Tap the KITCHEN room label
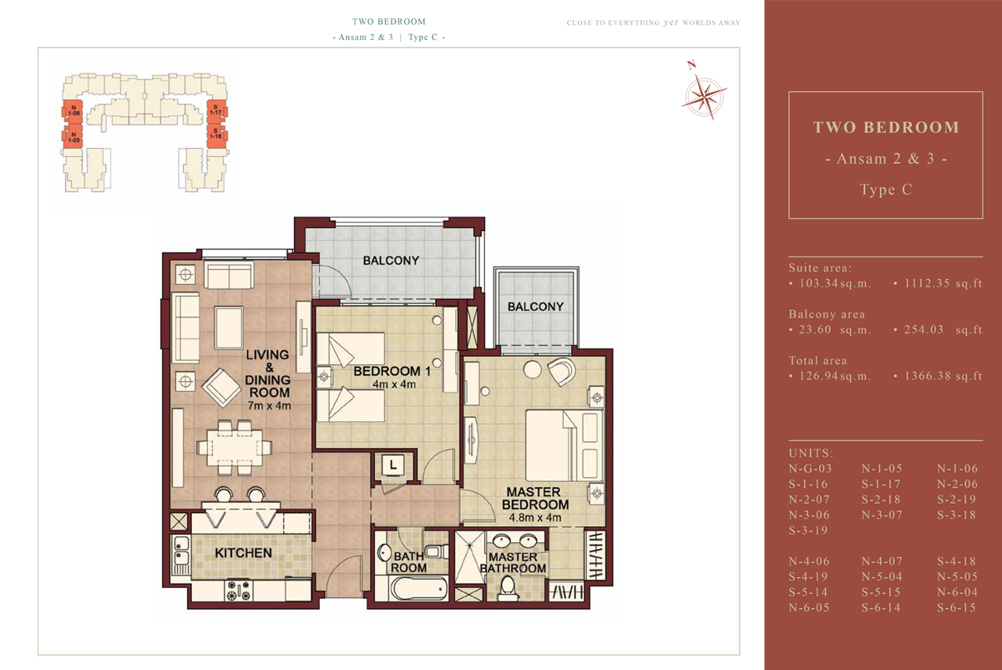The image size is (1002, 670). [243, 553]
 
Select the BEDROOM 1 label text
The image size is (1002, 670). [392, 371]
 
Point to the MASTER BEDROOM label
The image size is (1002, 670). [535, 498]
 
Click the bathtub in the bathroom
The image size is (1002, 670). [418, 587]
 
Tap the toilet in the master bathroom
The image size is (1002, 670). [508, 588]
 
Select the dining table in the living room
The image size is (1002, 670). [235, 448]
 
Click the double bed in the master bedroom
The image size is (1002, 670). [564, 445]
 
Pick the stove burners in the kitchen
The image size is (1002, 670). [239, 591]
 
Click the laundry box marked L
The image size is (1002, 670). [392, 465]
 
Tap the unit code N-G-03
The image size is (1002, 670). [810, 469]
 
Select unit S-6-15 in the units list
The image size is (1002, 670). [956, 607]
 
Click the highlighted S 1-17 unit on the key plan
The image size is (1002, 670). [216, 110]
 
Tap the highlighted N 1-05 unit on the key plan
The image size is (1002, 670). [73, 136]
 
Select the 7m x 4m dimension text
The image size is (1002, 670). [269, 406]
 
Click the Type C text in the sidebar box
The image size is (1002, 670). [886, 190]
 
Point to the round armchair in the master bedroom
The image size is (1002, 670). [561, 371]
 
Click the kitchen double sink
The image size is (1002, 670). [180, 551]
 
